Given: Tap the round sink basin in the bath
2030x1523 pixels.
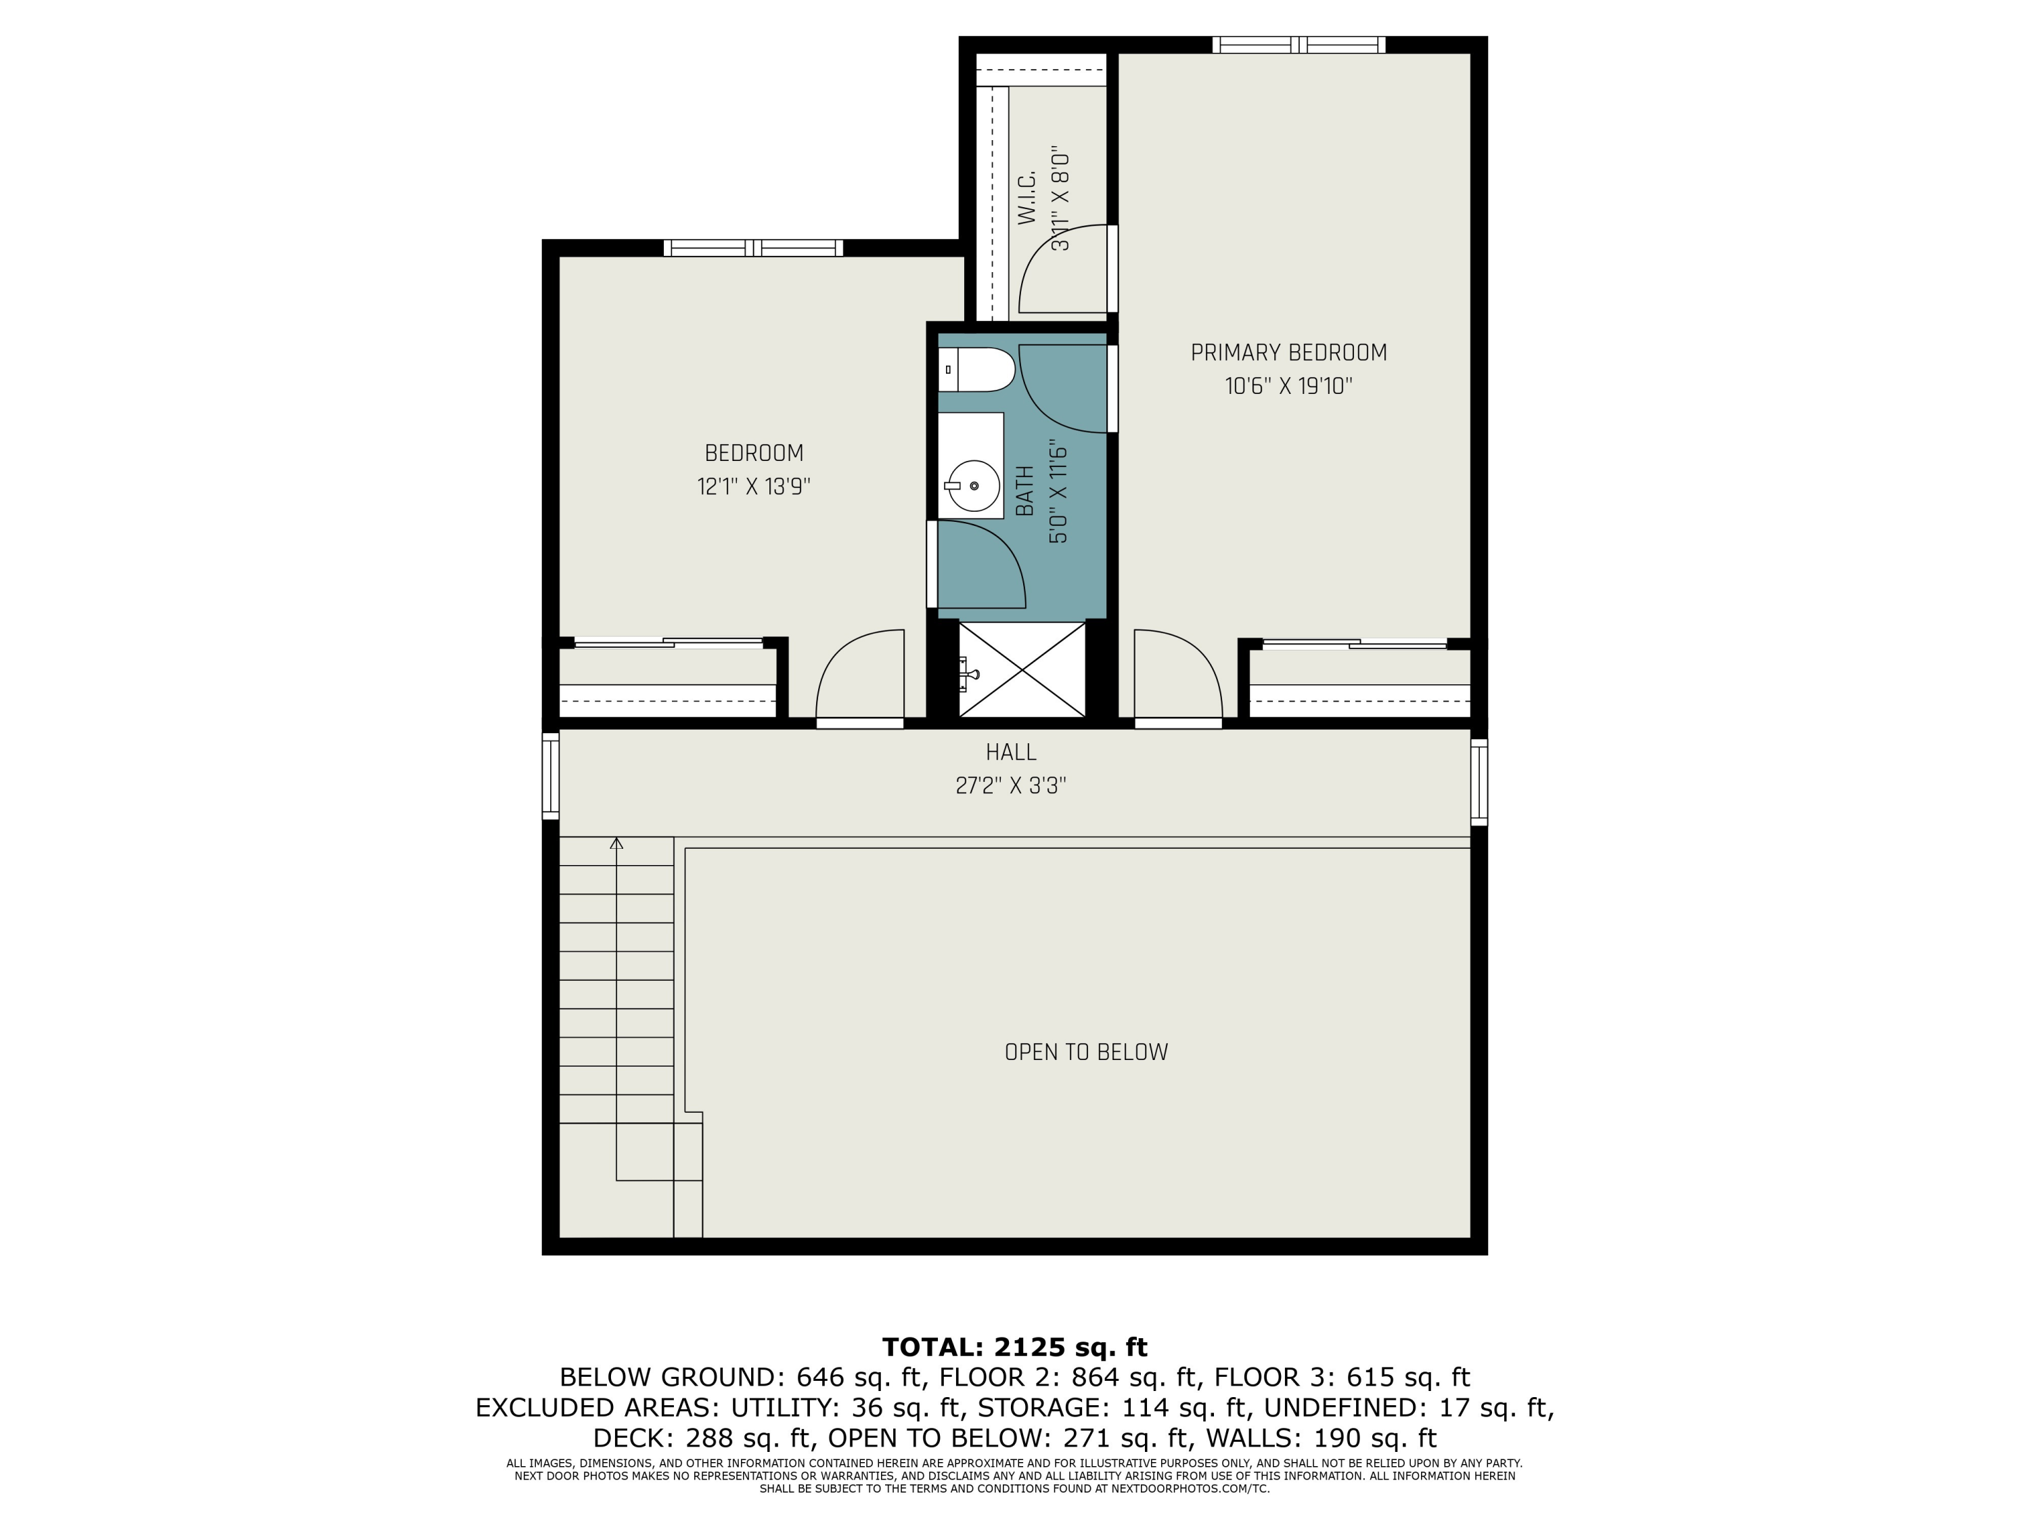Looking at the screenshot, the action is tap(973, 485).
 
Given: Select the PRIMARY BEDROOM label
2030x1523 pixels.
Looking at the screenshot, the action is tap(1288, 353).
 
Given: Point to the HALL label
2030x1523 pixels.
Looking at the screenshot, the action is tap(1012, 753).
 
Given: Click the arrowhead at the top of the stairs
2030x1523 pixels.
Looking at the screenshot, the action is tap(616, 843).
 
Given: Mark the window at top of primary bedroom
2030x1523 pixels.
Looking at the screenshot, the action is tap(1299, 44).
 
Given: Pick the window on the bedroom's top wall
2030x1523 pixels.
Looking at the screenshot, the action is tap(752, 248).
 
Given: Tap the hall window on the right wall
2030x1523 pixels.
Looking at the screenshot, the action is tap(1479, 782).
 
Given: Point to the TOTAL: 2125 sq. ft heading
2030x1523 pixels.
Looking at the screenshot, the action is tap(1014, 1347).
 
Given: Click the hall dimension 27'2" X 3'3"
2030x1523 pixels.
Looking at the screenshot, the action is tap(1012, 787).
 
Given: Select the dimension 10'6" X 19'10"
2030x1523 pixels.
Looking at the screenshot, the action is tap(1288, 387).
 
